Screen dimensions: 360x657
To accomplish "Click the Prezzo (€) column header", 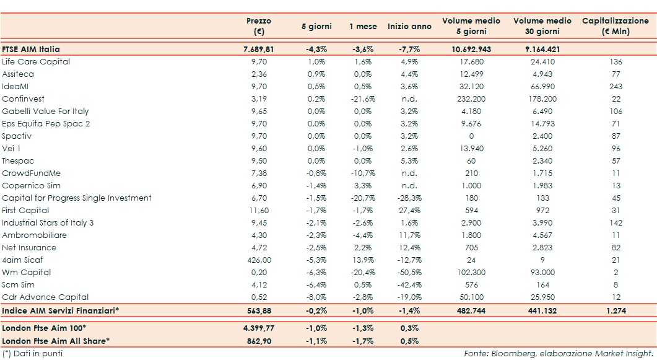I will coord(258,26).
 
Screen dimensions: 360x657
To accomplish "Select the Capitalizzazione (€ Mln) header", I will coord(615,26).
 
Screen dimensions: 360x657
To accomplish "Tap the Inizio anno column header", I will coord(409,27).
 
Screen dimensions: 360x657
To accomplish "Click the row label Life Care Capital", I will coord(36,61).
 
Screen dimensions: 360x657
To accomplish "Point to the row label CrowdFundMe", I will coord(31,173).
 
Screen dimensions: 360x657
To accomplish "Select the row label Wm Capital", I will coord(26,272).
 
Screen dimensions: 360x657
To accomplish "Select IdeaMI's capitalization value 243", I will coord(616,86).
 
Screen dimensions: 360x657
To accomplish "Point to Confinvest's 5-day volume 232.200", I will coord(471,99).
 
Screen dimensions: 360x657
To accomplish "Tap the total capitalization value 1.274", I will coord(616,310).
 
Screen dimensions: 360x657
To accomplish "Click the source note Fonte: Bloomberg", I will coord(558,353).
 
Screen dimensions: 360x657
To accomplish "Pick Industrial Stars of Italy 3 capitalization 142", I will coord(616,222).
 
